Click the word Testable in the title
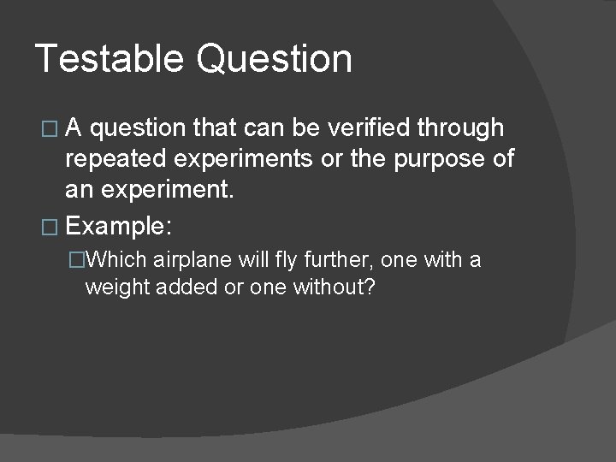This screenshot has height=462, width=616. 109,59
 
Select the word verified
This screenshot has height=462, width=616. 371,128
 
